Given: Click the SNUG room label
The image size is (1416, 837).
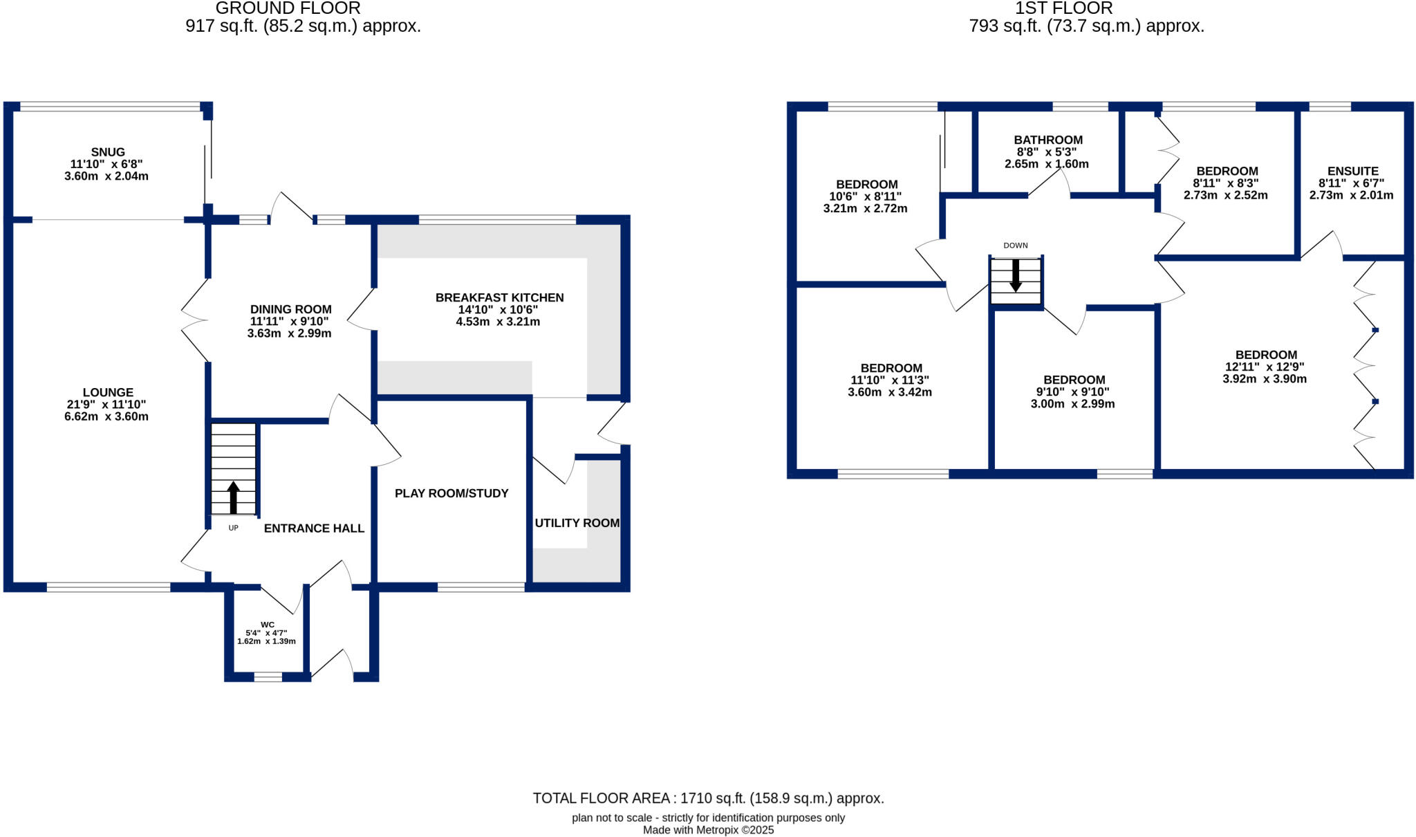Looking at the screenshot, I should pyautogui.click(x=108, y=152).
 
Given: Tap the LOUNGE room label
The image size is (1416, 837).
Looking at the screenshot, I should pyautogui.click(x=108, y=392).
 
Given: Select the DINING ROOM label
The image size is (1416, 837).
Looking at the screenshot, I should pyautogui.click(x=290, y=309).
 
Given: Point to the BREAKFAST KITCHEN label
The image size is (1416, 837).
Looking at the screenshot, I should pyautogui.click(x=499, y=297).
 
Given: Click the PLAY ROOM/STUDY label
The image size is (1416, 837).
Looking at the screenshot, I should pyautogui.click(x=451, y=493).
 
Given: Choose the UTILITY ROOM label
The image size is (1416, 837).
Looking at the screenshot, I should pyautogui.click(x=577, y=523).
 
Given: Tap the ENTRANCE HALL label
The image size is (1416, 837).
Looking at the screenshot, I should pyautogui.click(x=314, y=528).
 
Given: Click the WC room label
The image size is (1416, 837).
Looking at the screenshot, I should pyautogui.click(x=268, y=625).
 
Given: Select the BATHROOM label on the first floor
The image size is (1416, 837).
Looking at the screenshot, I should pyautogui.click(x=1048, y=140).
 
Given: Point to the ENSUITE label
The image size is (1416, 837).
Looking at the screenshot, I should pyautogui.click(x=1352, y=171).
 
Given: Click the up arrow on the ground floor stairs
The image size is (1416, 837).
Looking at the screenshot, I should pyautogui.click(x=233, y=497).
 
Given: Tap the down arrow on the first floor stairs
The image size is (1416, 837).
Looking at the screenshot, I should pyautogui.click(x=1015, y=275).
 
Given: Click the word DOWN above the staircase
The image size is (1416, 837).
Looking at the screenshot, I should pyautogui.click(x=1015, y=246).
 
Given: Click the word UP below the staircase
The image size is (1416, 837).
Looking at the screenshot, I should pyautogui.click(x=233, y=528).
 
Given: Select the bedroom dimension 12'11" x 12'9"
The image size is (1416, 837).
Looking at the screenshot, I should pyautogui.click(x=1265, y=367).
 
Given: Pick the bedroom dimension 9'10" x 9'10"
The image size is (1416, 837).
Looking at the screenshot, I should pyautogui.click(x=1072, y=392).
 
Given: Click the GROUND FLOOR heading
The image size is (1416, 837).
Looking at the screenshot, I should pyautogui.click(x=288, y=8).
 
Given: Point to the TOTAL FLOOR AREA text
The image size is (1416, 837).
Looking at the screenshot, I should pyautogui.click(x=708, y=798).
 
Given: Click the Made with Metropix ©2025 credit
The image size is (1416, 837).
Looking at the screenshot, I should pyautogui.click(x=708, y=830).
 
